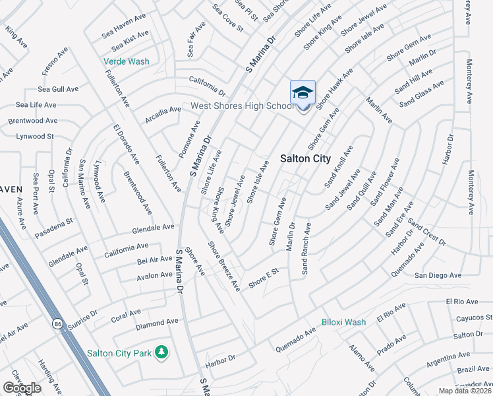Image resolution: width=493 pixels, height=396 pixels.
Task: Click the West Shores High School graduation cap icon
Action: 303,92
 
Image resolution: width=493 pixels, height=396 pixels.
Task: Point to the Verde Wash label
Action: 127,62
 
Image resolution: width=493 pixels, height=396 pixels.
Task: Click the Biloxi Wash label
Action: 343,322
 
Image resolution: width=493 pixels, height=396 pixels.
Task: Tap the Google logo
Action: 22,388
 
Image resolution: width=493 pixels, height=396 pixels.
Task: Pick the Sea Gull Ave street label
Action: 58,89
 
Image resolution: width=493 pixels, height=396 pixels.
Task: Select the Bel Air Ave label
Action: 154,261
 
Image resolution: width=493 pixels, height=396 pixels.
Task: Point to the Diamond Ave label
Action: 157,323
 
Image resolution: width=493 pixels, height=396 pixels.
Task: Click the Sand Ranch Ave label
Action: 306,248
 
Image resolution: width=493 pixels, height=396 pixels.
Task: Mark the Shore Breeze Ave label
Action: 224,267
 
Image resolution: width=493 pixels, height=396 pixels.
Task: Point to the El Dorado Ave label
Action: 126,143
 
